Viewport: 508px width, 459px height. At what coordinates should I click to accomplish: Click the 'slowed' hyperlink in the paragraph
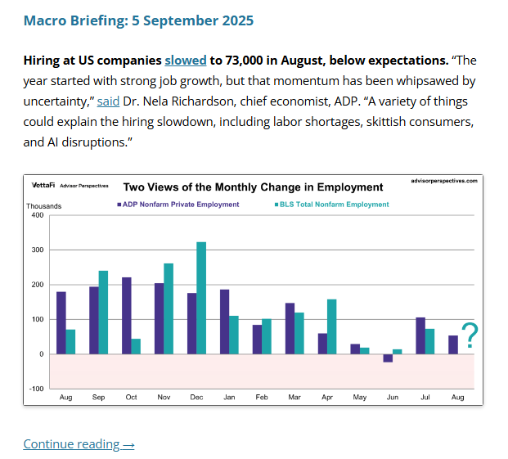pos(186,61)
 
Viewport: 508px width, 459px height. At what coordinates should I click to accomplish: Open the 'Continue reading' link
pos(79,443)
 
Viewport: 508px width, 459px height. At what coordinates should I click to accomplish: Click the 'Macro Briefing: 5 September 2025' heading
pos(138,20)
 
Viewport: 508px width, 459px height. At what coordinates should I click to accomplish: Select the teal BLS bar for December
pos(201,298)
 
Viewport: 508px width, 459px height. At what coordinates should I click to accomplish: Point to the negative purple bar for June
pos(388,358)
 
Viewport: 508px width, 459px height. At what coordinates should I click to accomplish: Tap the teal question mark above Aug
pos(470,335)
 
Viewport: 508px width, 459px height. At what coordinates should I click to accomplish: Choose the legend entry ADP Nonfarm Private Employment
pos(179,205)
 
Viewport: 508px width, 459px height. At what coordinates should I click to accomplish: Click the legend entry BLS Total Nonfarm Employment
pos(330,205)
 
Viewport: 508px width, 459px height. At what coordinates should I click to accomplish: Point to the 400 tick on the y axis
pos(37,215)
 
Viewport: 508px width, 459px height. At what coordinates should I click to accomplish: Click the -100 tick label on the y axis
pos(35,389)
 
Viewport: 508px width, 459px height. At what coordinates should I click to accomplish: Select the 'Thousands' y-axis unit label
pos(43,206)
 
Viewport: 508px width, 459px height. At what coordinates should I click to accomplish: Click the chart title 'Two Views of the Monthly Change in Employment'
pos(253,187)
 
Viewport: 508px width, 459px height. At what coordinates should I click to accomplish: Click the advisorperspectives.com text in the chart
pos(443,182)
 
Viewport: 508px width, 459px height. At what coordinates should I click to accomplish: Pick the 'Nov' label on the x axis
pos(164,397)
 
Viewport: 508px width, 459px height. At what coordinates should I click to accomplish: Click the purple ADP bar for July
pos(420,335)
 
